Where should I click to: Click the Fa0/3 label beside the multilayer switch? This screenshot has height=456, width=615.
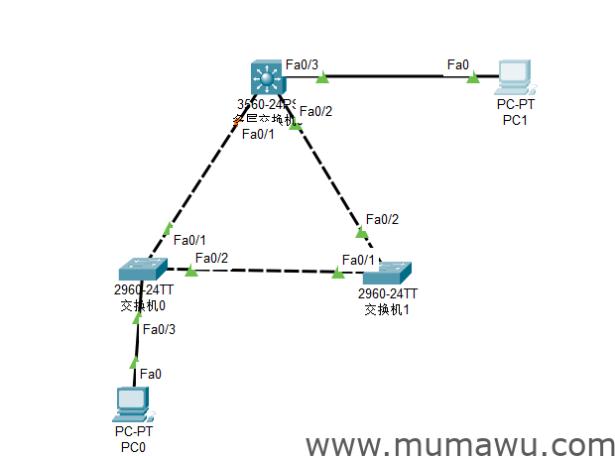[x=302, y=65]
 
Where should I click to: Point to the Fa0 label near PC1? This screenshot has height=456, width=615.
[x=457, y=64]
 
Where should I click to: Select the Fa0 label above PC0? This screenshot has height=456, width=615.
[x=150, y=374]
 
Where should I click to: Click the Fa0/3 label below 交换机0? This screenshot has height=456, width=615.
[x=159, y=329]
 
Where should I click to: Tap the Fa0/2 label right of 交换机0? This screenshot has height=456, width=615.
[x=211, y=259]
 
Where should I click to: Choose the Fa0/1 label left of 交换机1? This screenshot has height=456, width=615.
[x=358, y=260]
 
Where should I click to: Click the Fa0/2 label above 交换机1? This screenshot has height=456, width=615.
[x=382, y=219]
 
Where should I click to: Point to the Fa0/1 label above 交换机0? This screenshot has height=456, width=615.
[x=189, y=240]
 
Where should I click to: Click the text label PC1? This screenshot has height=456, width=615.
[x=515, y=120]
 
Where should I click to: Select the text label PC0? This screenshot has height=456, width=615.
[x=133, y=447]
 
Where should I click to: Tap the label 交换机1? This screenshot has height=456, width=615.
[x=387, y=309]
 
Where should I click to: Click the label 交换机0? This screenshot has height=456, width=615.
[x=142, y=304]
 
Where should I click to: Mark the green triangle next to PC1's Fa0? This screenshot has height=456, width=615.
[x=473, y=76]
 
